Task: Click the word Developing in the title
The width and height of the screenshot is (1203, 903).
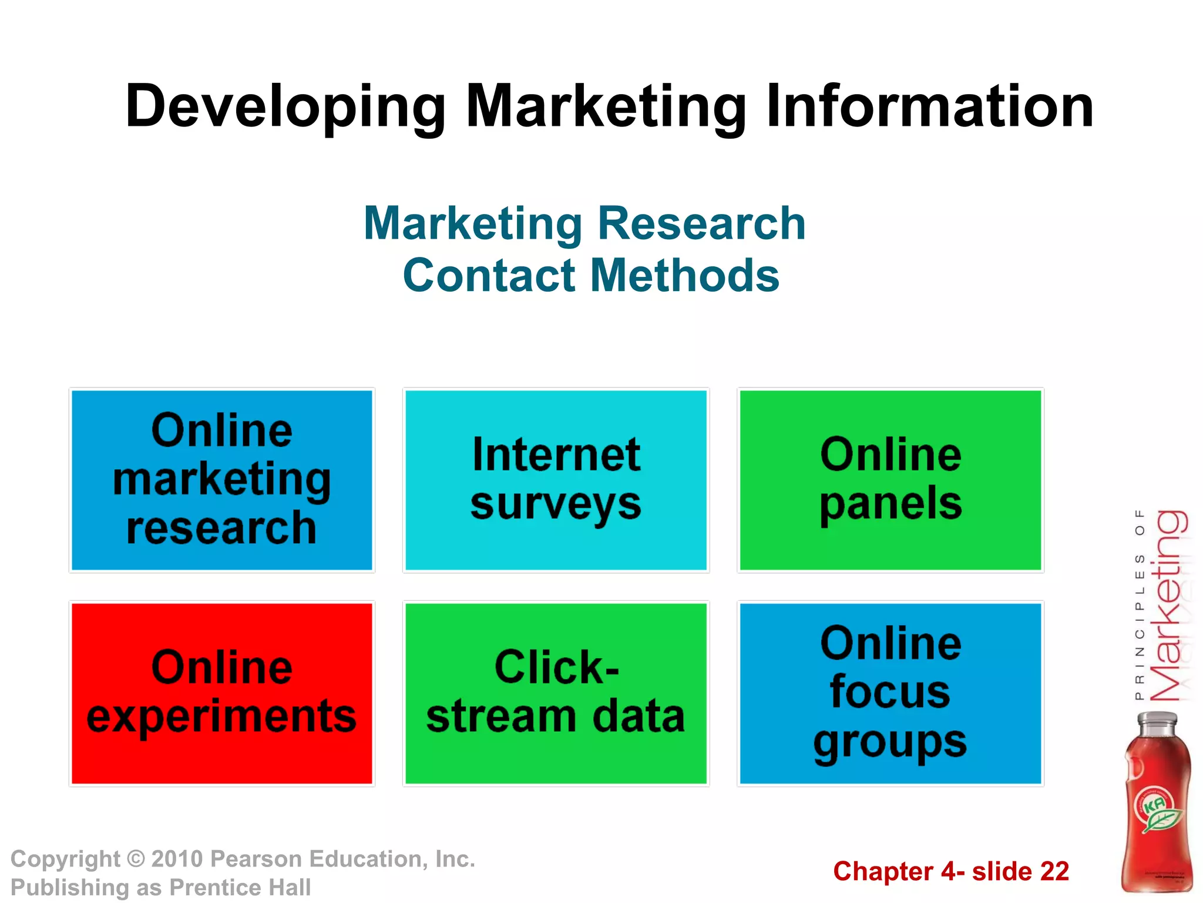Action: point(285,107)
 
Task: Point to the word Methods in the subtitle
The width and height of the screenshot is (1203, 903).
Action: point(684,275)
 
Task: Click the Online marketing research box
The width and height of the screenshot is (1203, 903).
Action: point(222,480)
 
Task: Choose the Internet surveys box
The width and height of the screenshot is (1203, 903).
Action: point(556,480)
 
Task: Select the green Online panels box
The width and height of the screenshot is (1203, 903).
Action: point(890,480)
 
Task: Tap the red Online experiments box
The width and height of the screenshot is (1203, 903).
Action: point(222,693)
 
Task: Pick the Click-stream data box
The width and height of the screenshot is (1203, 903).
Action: point(556,693)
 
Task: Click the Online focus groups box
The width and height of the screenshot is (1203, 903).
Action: point(890,693)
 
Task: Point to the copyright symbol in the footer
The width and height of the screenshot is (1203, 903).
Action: point(136,859)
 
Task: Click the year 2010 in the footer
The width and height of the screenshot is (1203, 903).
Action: point(177,859)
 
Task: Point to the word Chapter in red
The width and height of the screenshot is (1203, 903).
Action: point(883,871)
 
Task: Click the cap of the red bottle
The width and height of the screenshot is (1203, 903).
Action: point(1157,722)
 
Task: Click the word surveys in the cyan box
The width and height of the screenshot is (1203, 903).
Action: point(556,504)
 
